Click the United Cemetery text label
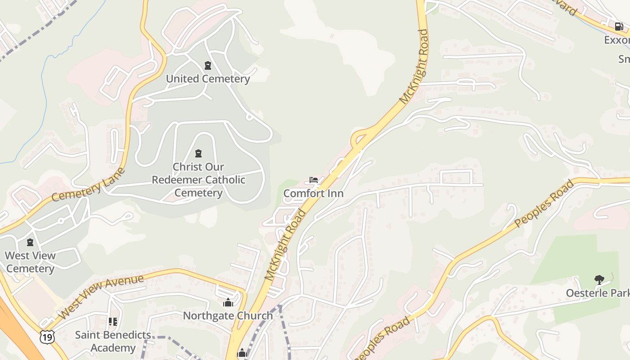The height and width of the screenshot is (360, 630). pyautogui.click(x=208, y=79)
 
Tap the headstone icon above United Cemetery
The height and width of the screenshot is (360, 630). pyautogui.click(x=207, y=66)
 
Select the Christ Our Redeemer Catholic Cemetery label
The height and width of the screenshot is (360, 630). pyautogui.click(x=198, y=180)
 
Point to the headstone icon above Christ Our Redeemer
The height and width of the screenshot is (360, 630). pyautogui.click(x=198, y=153)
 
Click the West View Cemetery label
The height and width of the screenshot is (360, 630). pyautogui.click(x=30, y=262)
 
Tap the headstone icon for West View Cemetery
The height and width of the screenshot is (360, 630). pyautogui.click(x=30, y=243)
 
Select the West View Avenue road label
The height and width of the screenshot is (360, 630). pyautogui.click(x=101, y=297)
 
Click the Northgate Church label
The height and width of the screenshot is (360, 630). pyautogui.click(x=228, y=315)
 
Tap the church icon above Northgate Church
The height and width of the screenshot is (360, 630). pyautogui.click(x=228, y=302)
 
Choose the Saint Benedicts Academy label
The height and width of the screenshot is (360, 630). pyautogui.click(x=113, y=341)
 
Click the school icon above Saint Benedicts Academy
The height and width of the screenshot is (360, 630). pyautogui.click(x=112, y=322)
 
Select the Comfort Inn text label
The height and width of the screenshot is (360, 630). pyautogui.click(x=314, y=193)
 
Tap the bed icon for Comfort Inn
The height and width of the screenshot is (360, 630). pyautogui.click(x=314, y=180)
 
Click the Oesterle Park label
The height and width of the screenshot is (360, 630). pyautogui.click(x=598, y=293)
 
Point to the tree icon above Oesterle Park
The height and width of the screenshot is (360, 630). pyautogui.click(x=599, y=280)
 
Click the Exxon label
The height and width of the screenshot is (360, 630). pyautogui.click(x=616, y=40)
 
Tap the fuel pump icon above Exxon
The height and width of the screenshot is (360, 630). pyautogui.click(x=619, y=27)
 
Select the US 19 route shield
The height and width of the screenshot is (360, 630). pyautogui.click(x=47, y=336)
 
